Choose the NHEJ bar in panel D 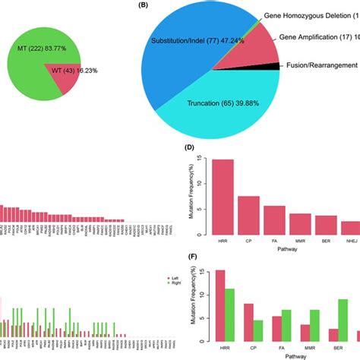[x=350, y=227]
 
